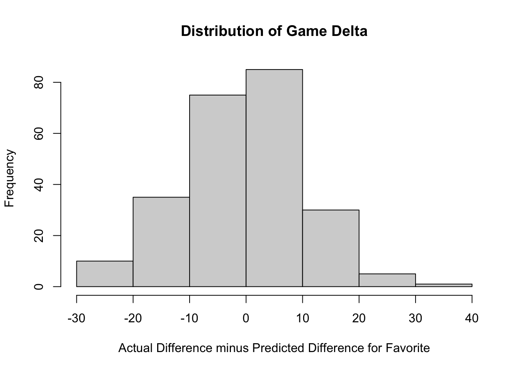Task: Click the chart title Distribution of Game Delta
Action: (x=274, y=31)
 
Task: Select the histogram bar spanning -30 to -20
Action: (x=105, y=274)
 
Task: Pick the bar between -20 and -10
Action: (x=161, y=242)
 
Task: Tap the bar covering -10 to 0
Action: (x=218, y=191)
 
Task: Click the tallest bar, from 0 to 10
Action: (x=274, y=178)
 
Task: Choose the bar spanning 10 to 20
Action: (x=331, y=248)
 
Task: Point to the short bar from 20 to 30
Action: (x=387, y=280)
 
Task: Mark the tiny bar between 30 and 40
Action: (x=444, y=285)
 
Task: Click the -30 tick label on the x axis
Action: (x=76, y=318)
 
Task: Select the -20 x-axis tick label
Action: (x=133, y=318)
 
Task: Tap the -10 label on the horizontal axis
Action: (x=189, y=318)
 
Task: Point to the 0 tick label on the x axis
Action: (x=246, y=318)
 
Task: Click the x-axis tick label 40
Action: (x=472, y=318)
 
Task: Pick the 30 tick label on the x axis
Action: (x=416, y=318)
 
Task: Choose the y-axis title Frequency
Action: (x=10, y=178)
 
